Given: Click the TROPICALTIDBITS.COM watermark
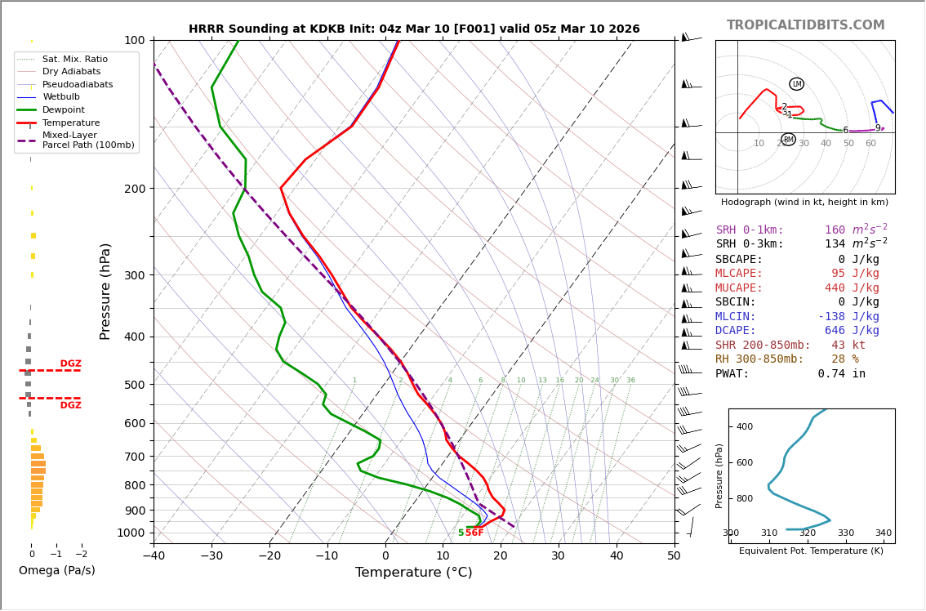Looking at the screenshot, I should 805,25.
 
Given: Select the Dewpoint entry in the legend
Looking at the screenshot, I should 64,109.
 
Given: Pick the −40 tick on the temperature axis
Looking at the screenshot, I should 154,556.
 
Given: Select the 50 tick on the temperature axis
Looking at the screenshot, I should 674,556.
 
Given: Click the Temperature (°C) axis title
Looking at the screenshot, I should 413,573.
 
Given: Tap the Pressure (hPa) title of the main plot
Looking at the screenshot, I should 105,291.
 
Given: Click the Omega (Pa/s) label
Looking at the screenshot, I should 56,570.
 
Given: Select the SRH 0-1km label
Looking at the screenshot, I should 750,230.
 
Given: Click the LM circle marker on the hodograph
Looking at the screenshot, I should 796,84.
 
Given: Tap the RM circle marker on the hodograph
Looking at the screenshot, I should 788,140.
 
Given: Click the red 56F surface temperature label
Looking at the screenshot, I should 474,533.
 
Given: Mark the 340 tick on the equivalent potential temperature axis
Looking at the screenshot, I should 883,533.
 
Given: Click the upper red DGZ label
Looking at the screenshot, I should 70,364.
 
